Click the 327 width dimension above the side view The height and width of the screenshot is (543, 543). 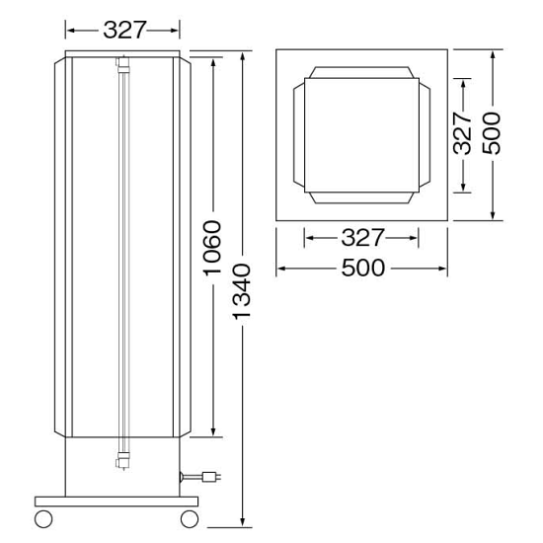(125, 30)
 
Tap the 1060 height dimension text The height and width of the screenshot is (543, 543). (212, 248)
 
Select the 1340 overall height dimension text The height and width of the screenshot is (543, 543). (242, 291)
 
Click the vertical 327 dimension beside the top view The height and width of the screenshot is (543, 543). (463, 132)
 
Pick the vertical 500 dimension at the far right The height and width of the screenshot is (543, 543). (492, 133)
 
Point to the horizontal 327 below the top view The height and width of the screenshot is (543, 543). (362, 238)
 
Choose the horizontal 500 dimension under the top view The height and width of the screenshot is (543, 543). (363, 268)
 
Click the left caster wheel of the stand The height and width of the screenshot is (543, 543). (43, 518)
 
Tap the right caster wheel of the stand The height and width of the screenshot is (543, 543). (190, 518)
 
